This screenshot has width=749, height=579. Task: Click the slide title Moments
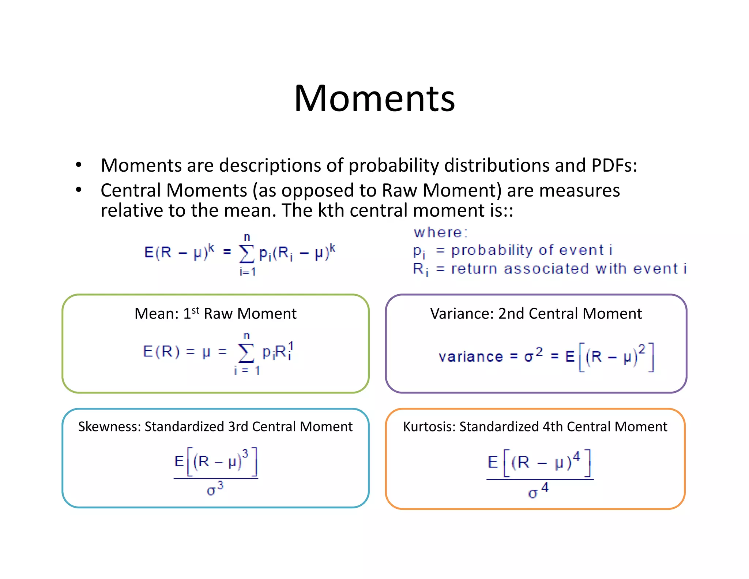(x=374, y=98)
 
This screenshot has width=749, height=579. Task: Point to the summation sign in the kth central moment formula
(x=246, y=254)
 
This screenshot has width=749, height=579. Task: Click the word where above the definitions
(x=440, y=232)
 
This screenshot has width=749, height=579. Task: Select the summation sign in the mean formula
(x=246, y=353)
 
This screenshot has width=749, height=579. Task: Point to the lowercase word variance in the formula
(x=471, y=356)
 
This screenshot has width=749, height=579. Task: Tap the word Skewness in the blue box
(x=109, y=427)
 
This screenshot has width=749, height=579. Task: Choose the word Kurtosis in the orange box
(x=429, y=427)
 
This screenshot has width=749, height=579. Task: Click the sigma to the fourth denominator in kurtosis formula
(x=538, y=491)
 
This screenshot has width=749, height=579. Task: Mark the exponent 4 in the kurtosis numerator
(x=576, y=456)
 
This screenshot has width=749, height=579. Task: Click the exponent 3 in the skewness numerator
(x=245, y=454)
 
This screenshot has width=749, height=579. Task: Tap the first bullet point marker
(x=79, y=165)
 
